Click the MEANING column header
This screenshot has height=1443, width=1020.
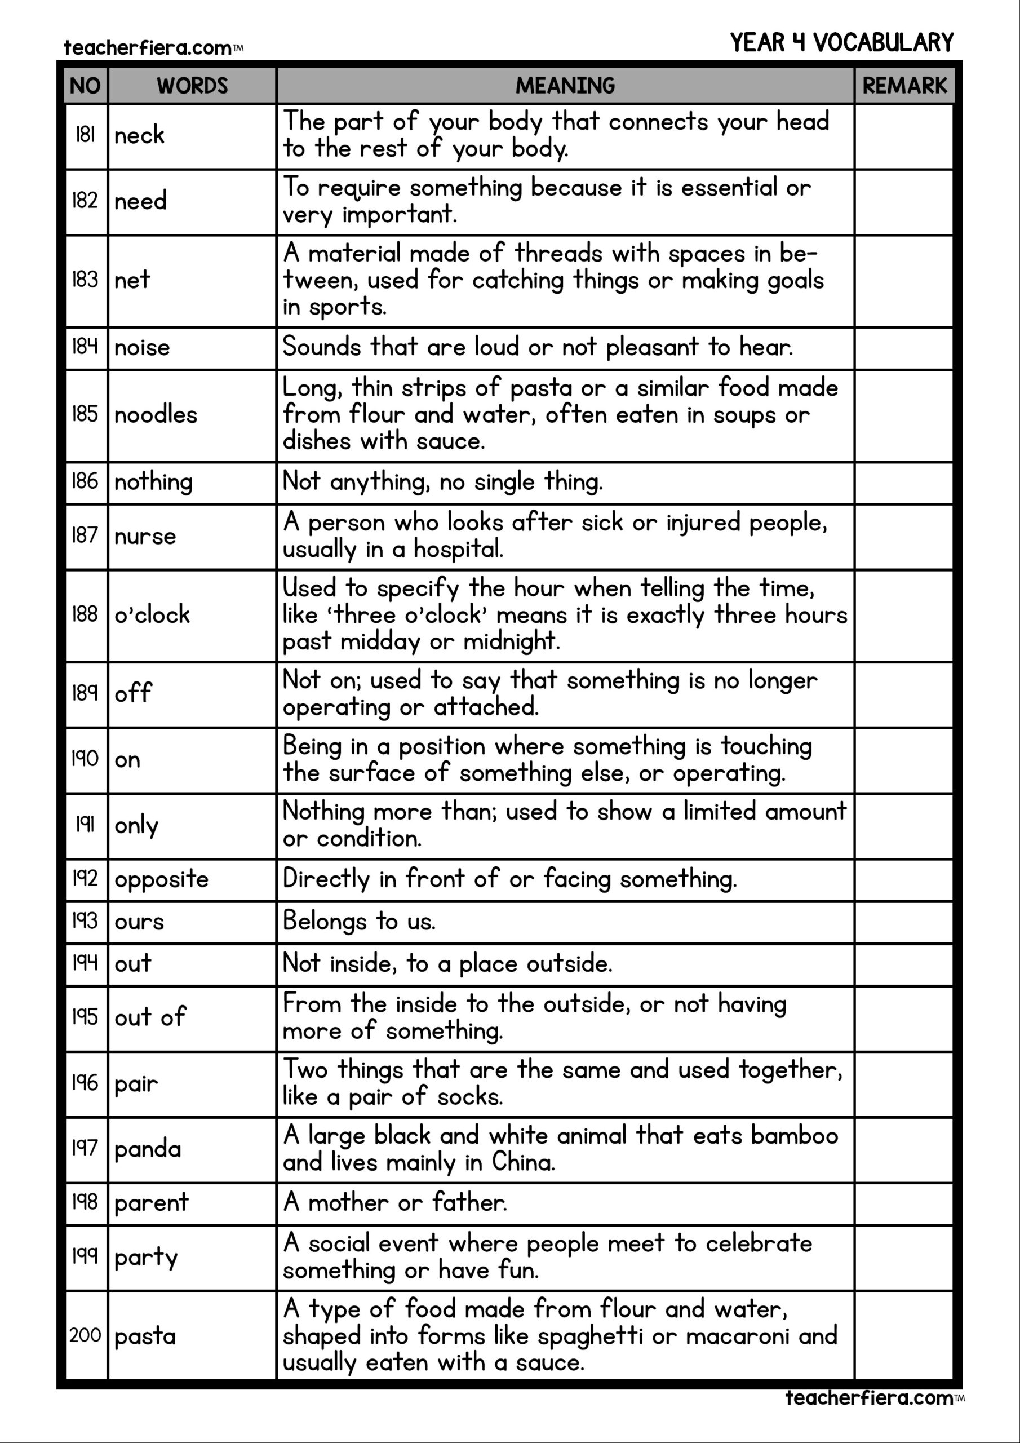(x=565, y=86)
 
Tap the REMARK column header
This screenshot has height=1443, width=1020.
(x=904, y=86)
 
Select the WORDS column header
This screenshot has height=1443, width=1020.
(x=192, y=86)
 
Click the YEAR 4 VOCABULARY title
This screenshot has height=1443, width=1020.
(x=841, y=43)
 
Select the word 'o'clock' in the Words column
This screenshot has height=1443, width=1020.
(x=152, y=614)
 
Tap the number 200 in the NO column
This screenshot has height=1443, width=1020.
(x=85, y=1335)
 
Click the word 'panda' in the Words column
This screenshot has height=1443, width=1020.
(x=148, y=1149)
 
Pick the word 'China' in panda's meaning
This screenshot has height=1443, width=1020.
(x=523, y=1162)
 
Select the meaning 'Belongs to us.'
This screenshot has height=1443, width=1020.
(x=359, y=922)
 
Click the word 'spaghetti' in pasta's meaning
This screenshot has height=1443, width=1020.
(x=594, y=1335)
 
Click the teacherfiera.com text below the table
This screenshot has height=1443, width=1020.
(x=868, y=1398)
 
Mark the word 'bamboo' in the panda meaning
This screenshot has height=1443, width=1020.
(x=795, y=1136)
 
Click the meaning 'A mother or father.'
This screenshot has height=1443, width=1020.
(x=394, y=1202)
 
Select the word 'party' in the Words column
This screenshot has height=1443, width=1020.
(x=146, y=1257)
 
